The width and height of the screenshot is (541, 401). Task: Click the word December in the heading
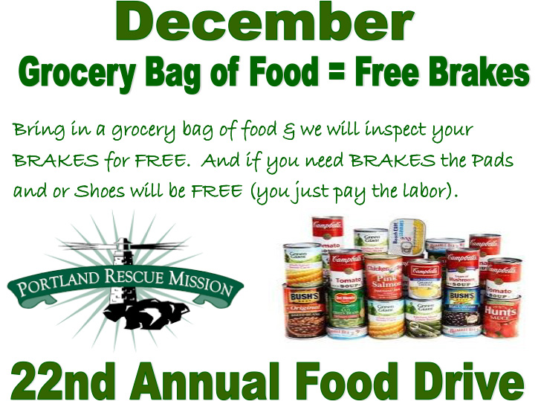[264, 25]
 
